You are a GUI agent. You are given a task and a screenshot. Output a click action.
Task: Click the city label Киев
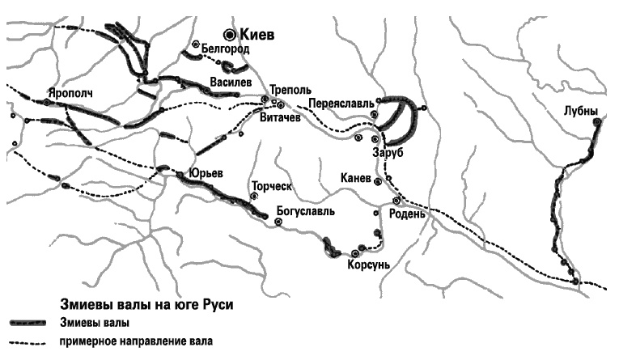point(258,35)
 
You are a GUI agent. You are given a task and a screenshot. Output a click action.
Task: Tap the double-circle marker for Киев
point(231,34)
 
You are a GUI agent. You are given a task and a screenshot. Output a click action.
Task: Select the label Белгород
point(224,49)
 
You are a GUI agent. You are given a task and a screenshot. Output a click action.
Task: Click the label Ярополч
point(70,93)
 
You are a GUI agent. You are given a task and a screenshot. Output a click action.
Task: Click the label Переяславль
point(341,104)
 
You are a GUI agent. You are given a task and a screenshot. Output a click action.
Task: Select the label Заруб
point(388,153)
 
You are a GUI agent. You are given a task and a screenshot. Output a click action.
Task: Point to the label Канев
point(355,178)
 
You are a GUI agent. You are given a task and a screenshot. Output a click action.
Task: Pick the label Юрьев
point(205,173)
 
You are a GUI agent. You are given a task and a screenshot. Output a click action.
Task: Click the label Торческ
point(270,185)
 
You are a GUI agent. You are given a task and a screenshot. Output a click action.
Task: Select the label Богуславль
point(306,212)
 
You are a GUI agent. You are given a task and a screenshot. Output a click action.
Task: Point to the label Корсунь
point(369,265)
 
